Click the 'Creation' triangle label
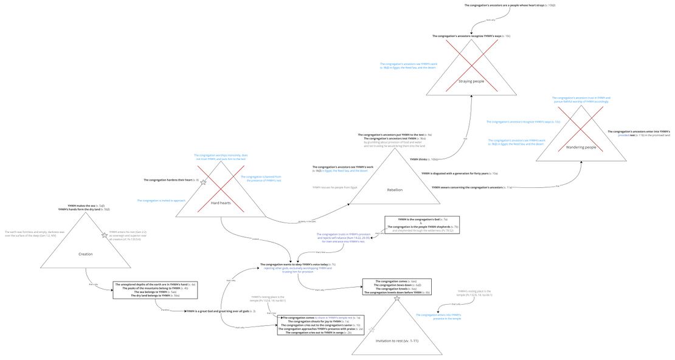[x=86, y=254]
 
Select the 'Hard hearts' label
[x=220, y=202]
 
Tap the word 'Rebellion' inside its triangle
[x=395, y=190]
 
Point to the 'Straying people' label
[x=471, y=81]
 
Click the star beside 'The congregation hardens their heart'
[x=204, y=181]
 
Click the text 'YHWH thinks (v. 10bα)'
[x=424, y=159]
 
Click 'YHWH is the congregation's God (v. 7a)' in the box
[x=422, y=219]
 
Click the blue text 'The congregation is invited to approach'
[x=161, y=200]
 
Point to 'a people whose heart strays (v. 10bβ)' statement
[x=510, y=5]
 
